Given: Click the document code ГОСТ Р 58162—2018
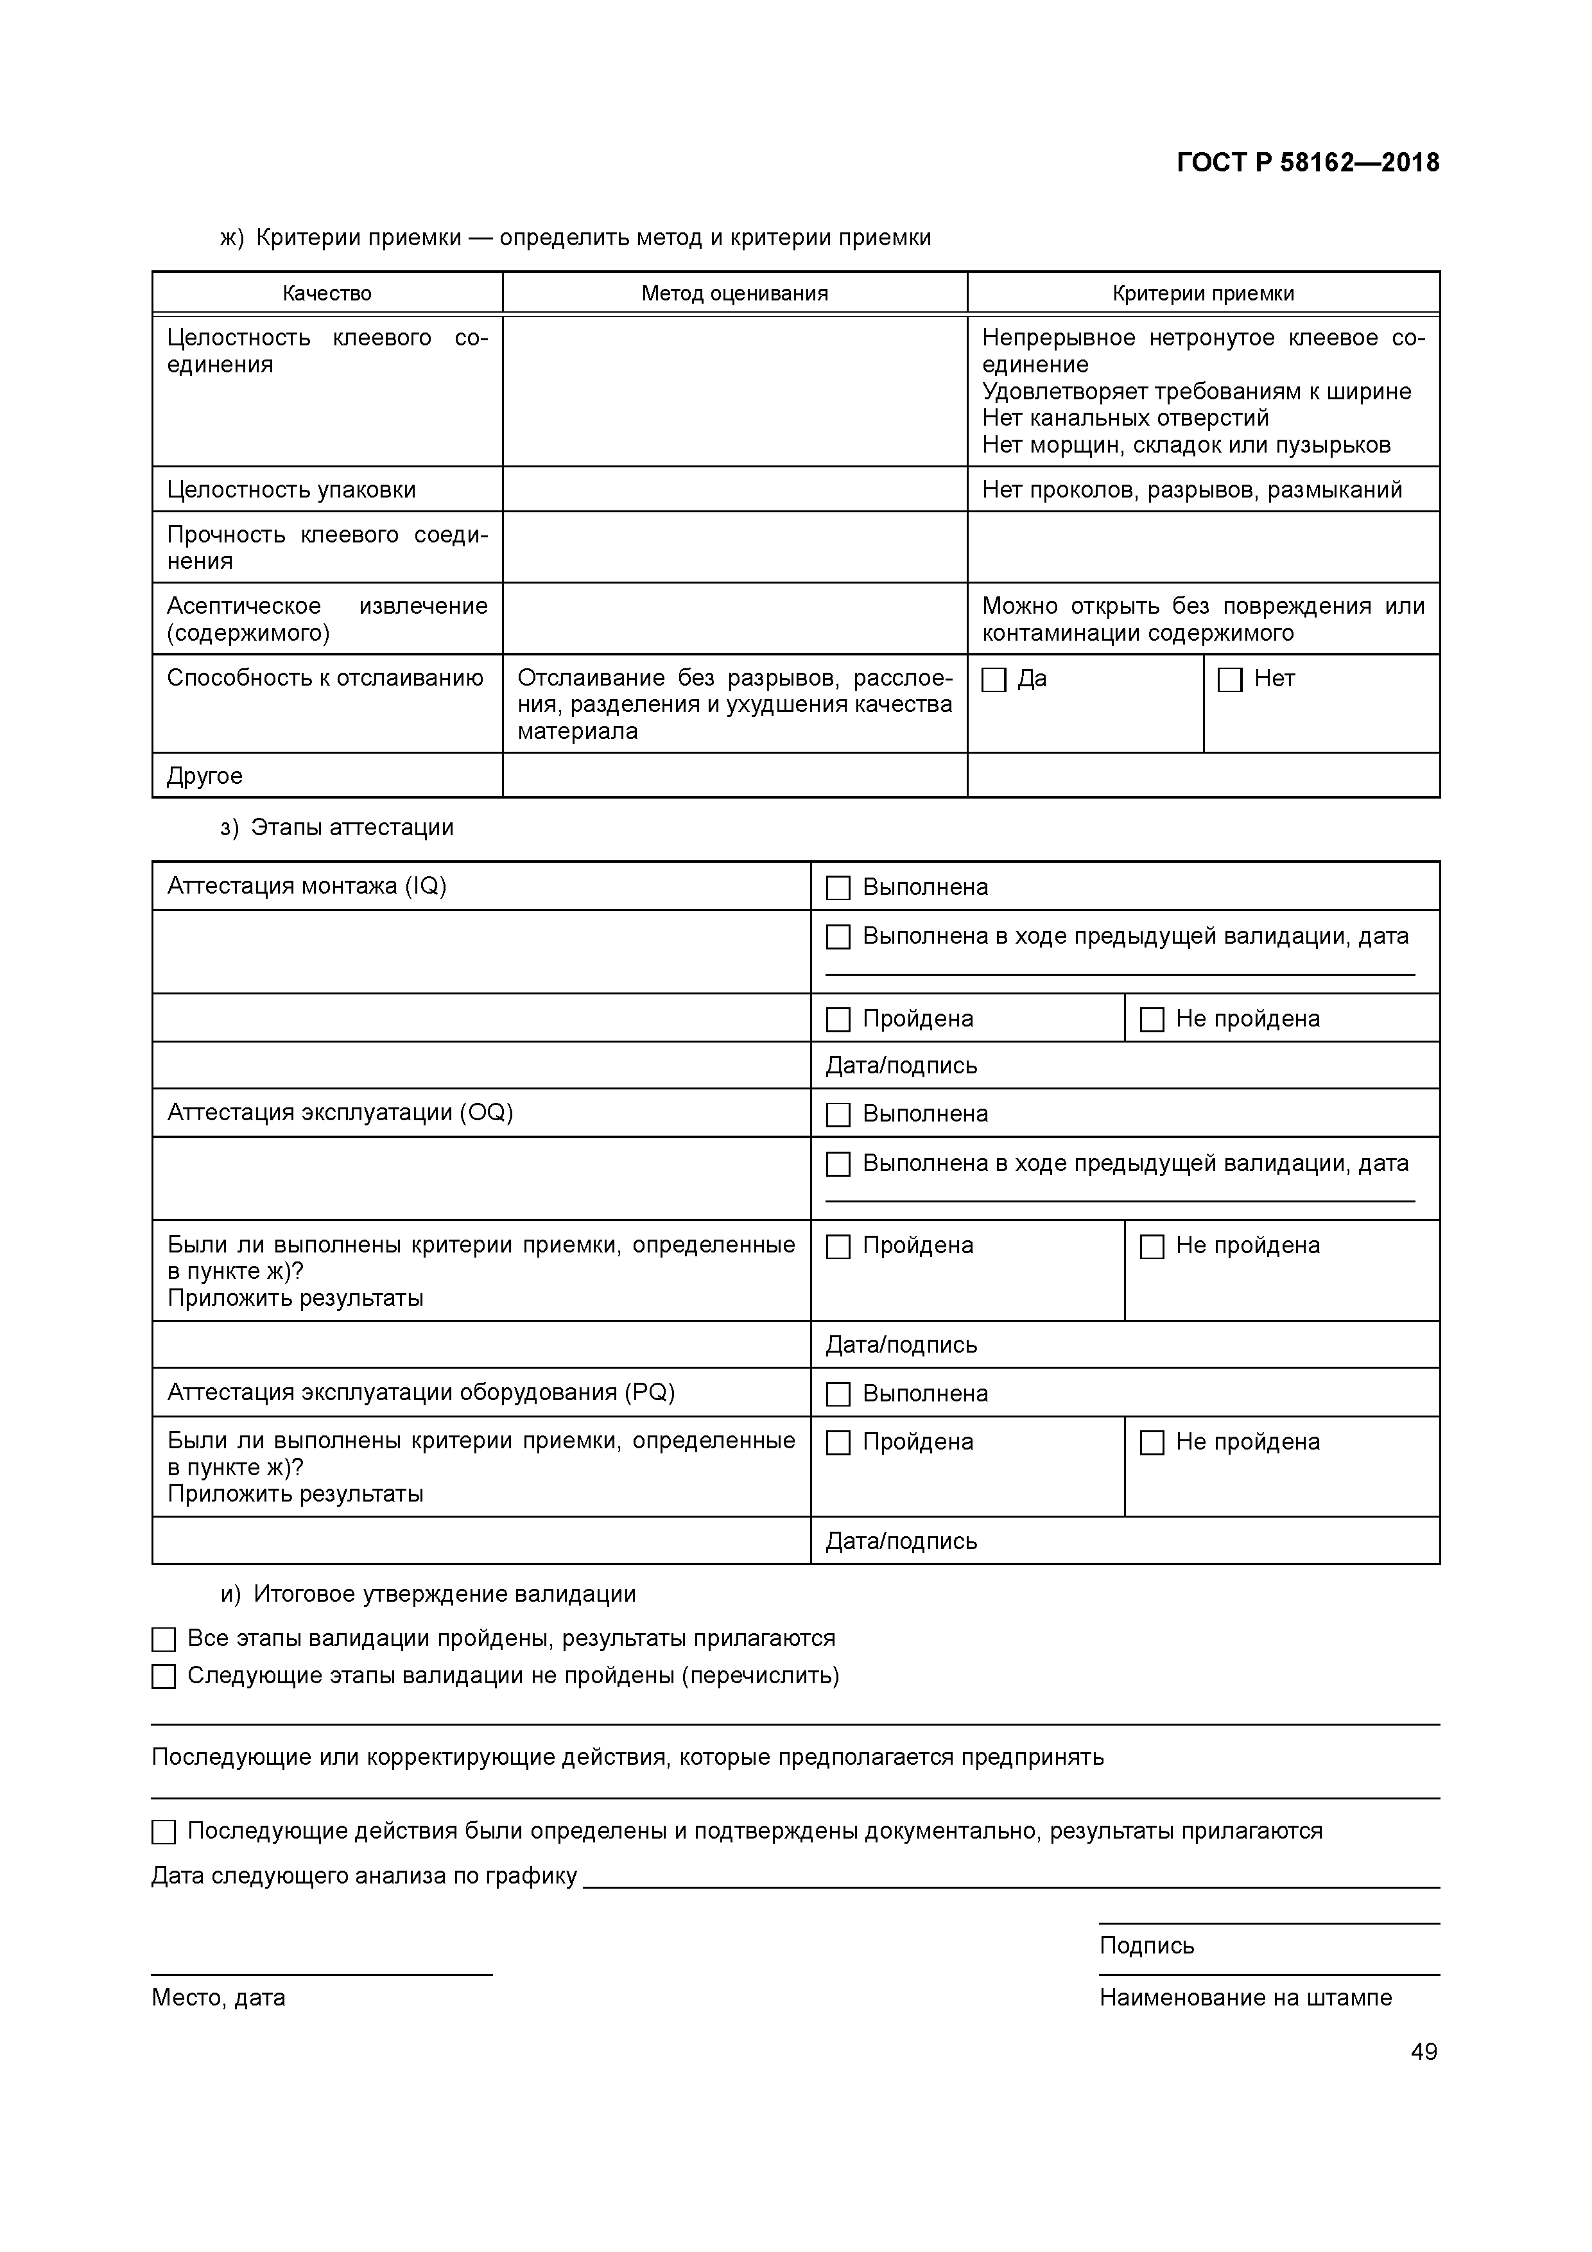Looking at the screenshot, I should tap(1308, 163).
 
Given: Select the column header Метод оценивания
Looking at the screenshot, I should tap(734, 293).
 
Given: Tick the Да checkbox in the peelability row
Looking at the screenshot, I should tap(994, 680).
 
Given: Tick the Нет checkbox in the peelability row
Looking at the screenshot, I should tap(1229, 680).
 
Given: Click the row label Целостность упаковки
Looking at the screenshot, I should tap(291, 489).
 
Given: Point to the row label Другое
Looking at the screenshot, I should tap(205, 776).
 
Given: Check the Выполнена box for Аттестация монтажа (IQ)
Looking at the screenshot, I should tap(838, 888).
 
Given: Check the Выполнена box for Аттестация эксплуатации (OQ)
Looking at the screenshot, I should tap(838, 1114).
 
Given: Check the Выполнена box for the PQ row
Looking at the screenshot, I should tap(838, 1394).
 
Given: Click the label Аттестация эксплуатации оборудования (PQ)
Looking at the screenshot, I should tap(421, 1393).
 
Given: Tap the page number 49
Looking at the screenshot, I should tap(1423, 2052).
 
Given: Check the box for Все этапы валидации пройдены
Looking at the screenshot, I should tap(164, 1639).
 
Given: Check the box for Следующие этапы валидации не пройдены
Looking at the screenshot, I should tap(164, 1676).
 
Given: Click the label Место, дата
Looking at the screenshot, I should tap(218, 1998).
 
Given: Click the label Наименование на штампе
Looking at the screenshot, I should tap(1245, 1998).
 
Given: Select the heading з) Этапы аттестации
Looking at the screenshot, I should tap(336, 828).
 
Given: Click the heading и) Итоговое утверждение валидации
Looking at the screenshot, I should tap(428, 1594).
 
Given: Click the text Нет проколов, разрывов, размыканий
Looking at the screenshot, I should tap(1192, 489).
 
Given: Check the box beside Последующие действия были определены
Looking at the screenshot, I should tap(164, 1832).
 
